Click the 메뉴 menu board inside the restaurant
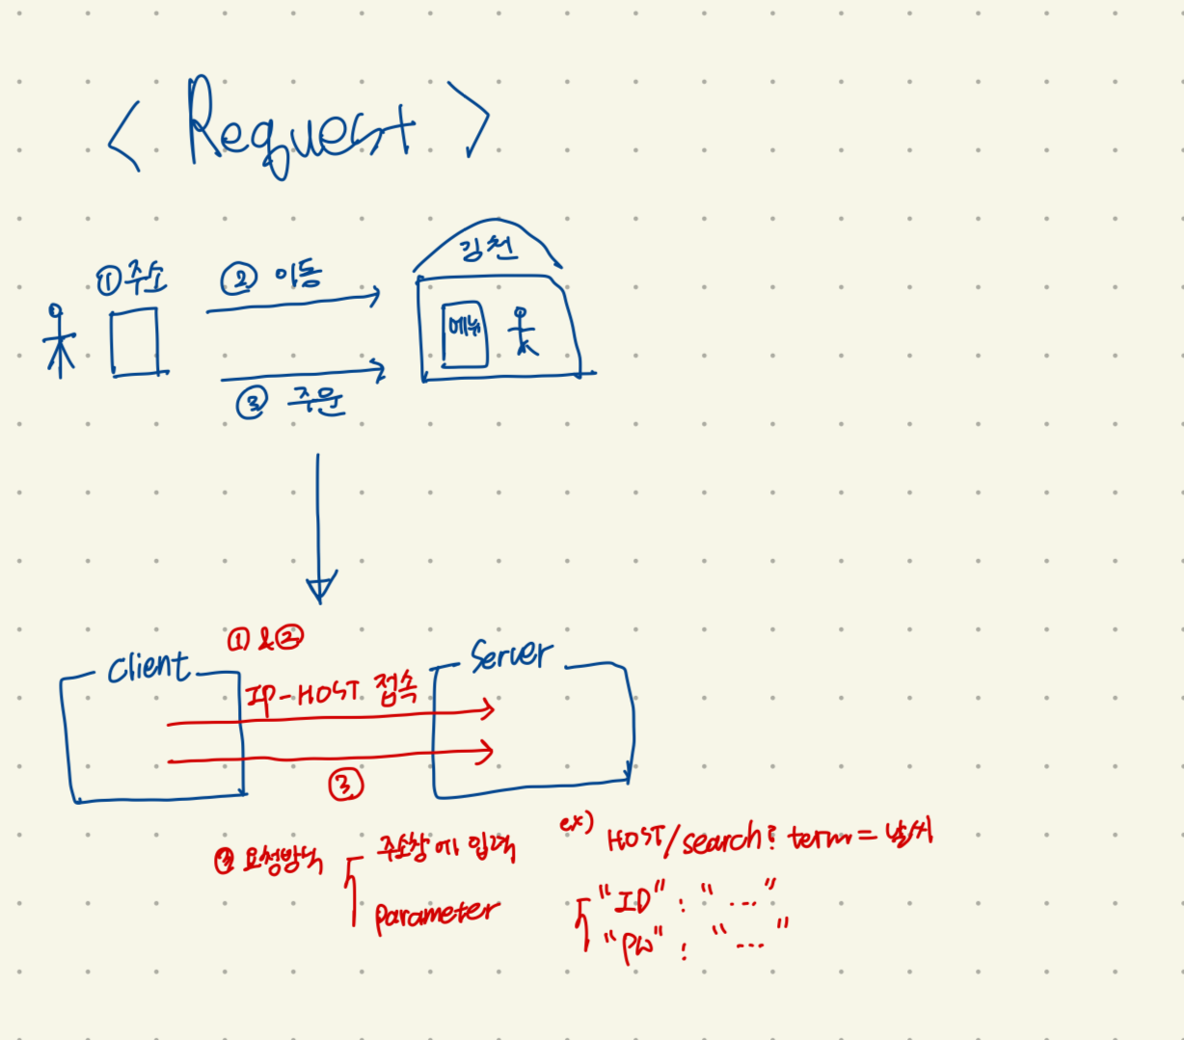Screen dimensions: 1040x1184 click(x=464, y=333)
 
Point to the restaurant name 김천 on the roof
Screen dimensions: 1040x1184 click(x=489, y=248)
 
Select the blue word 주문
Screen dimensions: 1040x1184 click(x=315, y=400)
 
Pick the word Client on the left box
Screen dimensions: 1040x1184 click(x=149, y=666)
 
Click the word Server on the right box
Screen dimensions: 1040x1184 click(x=511, y=655)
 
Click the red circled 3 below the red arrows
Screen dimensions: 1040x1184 click(x=346, y=785)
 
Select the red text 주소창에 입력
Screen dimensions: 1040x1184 click(x=444, y=849)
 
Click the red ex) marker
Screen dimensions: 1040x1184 click(x=576, y=824)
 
